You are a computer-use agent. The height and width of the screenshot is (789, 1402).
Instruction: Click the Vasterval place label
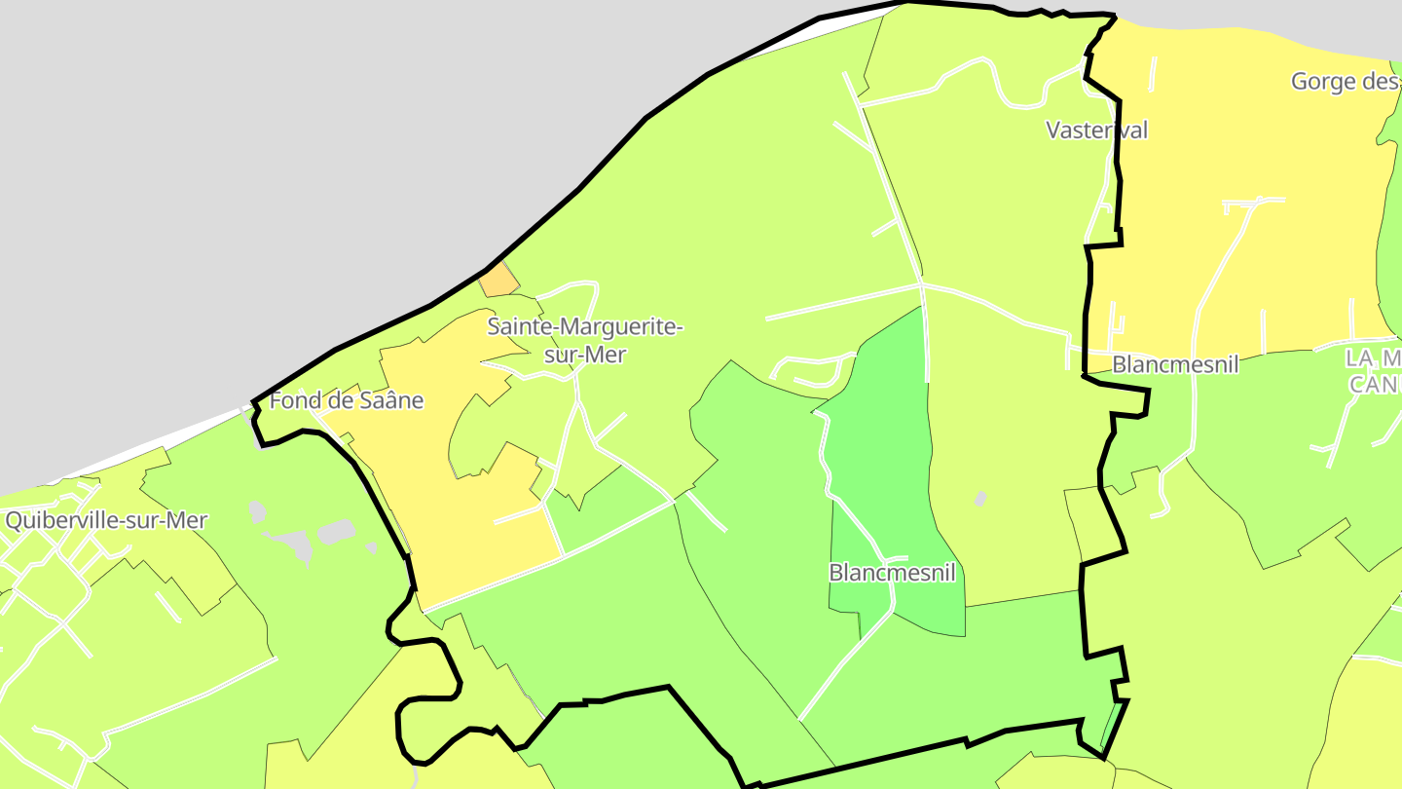pyautogui.click(x=1097, y=130)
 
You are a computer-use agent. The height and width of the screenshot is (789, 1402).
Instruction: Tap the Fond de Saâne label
pyautogui.click(x=347, y=400)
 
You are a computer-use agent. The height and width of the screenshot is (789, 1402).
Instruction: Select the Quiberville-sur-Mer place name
pyautogui.click(x=106, y=520)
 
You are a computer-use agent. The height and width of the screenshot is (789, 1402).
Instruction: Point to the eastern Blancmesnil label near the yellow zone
pyautogui.click(x=1175, y=364)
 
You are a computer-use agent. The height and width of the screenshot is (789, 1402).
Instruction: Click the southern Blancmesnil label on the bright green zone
pyautogui.click(x=892, y=572)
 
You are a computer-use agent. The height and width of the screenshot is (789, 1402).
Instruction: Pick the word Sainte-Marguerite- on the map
pyautogui.click(x=585, y=326)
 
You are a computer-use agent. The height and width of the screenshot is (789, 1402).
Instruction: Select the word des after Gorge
pyautogui.click(x=1382, y=81)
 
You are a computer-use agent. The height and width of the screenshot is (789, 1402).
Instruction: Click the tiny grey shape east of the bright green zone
pyautogui.click(x=980, y=499)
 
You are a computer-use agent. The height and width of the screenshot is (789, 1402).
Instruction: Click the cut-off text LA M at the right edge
pyautogui.click(x=1374, y=358)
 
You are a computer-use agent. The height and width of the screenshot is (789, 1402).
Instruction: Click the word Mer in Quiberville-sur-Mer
pyautogui.click(x=188, y=520)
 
